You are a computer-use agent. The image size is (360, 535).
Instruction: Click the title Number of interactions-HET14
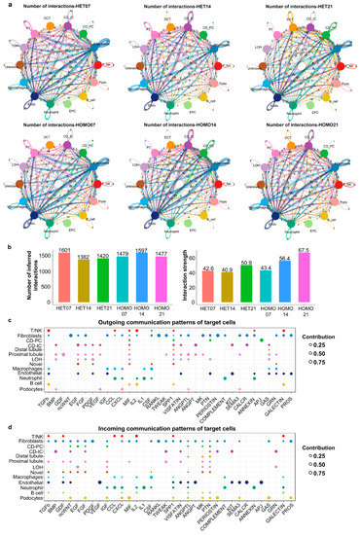click(x=179, y=9)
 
